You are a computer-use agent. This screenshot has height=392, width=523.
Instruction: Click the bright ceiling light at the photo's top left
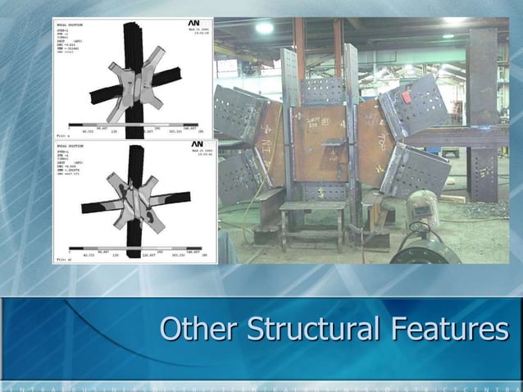tap(264, 28)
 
